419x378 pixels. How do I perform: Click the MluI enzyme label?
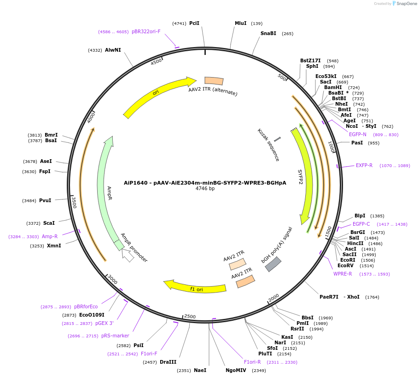tap(240, 23)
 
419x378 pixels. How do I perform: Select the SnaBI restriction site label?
tap(268, 33)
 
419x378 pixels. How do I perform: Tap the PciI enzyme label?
tap(194, 23)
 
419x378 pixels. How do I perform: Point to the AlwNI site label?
tap(113, 50)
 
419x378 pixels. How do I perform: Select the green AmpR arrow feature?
tap(105, 190)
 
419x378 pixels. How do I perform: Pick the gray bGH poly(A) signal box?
tap(273, 264)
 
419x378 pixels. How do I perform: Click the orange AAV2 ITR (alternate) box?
tap(214, 81)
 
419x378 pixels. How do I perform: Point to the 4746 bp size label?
tap(205, 188)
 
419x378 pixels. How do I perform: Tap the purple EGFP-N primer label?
tap(358, 134)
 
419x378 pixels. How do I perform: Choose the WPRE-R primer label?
tap(343, 274)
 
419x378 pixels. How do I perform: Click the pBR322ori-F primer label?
tap(146, 31)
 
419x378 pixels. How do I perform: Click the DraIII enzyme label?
tap(168, 362)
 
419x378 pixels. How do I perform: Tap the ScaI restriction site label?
tap(49, 223)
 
